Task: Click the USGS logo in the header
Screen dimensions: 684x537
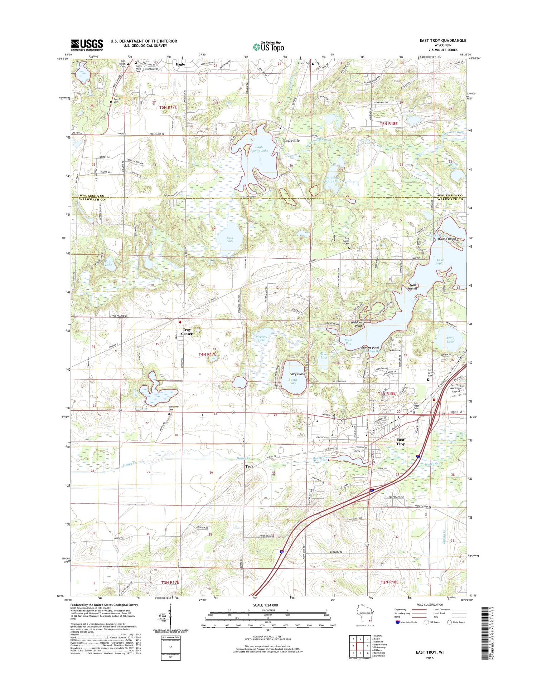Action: pos(87,45)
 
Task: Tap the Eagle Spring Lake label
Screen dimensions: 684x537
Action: pos(259,149)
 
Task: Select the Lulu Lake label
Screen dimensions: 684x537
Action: pos(230,239)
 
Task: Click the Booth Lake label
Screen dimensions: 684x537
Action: pos(292,381)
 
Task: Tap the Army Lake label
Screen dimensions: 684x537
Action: pos(450,339)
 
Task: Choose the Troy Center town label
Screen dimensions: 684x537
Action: pos(187,332)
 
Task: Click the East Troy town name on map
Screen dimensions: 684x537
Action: pos(400,442)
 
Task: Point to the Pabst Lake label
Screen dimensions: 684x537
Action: pos(108,263)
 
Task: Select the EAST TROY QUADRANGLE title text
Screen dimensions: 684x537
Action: pos(443,40)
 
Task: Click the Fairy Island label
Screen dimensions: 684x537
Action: pos(297,374)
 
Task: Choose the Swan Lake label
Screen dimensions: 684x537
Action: pos(324,356)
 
